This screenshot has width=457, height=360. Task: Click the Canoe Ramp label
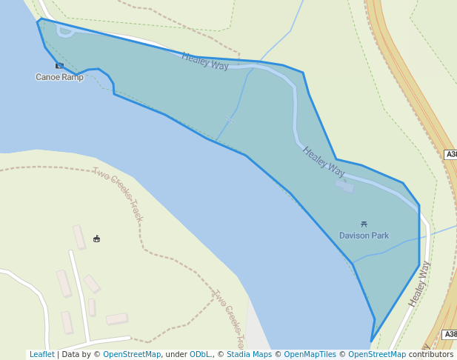coord(59,77)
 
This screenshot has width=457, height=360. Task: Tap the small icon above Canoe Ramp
coord(59,66)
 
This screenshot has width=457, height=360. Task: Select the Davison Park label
coord(364,236)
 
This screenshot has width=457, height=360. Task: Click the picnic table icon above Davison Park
coord(364,224)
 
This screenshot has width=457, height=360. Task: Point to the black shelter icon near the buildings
coord(97,239)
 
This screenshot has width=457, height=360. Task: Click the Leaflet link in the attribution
coord(41,355)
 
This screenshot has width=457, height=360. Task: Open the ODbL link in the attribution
coord(200,355)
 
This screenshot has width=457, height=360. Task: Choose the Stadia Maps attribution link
coord(249,355)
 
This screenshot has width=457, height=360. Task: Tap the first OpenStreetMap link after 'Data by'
coord(132,355)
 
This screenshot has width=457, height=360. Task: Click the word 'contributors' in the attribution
coord(430,355)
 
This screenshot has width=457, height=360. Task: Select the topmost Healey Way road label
coord(205,61)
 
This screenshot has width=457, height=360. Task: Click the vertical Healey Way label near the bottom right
coord(419,283)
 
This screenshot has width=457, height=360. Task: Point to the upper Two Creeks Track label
coord(117,195)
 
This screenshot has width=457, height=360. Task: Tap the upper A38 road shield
coord(451,154)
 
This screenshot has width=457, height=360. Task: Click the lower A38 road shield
coord(451,335)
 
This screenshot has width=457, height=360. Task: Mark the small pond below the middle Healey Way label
coord(344,185)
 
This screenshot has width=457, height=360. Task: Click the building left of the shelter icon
coord(79,237)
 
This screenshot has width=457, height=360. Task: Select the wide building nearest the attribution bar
coord(116,319)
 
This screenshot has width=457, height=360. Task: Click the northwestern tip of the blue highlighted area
coord(39,21)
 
